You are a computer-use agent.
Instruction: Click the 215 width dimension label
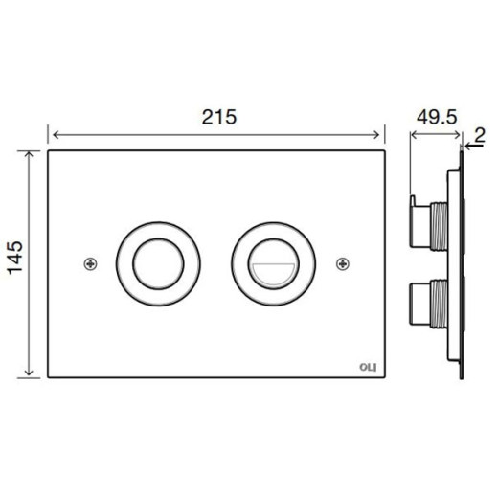(219, 117)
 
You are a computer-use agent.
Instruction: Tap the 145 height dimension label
(15, 258)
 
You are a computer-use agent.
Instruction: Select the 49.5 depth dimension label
(437, 117)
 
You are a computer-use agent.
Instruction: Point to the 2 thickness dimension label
(480, 135)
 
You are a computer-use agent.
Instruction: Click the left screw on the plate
(91, 264)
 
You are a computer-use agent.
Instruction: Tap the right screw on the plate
(343, 264)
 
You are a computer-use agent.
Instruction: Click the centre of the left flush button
(158, 264)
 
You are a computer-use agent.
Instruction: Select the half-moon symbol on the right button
(274, 274)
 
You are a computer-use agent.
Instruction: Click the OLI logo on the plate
(368, 368)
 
